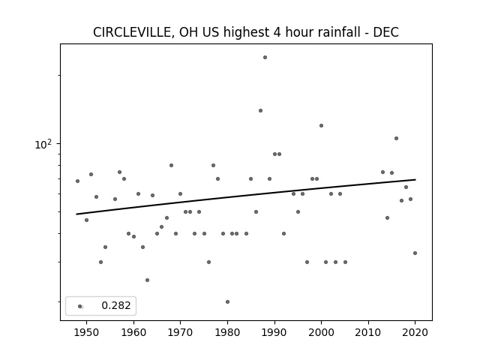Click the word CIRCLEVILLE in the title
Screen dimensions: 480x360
pyautogui.click(x=133, y=32)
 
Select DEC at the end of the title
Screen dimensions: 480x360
pyautogui.click(x=385, y=32)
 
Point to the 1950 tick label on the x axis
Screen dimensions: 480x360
pyautogui.click(x=87, y=332)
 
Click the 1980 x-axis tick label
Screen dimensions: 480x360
pyautogui.click(x=227, y=332)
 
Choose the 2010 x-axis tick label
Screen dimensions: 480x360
pyautogui.click(x=368, y=332)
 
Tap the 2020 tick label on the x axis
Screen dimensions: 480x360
pyautogui.click(x=415, y=332)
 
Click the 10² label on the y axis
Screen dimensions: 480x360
pyautogui.click(x=43, y=144)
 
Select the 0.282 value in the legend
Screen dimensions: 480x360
pyautogui.click(x=116, y=305)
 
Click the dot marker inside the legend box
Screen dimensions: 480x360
pyautogui.click(x=80, y=306)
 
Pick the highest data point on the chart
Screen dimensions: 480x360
pyautogui.click(x=265, y=57)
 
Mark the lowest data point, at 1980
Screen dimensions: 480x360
pyautogui.click(x=227, y=301)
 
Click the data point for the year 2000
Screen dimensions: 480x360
pyautogui.click(x=322, y=125)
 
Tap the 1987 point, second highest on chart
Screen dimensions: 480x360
pyautogui.click(x=260, y=110)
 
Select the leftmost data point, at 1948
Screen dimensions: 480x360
pyautogui.click(x=77, y=181)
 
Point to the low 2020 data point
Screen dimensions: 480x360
pyautogui.click(x=415, y=253)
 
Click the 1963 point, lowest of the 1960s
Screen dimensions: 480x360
pyautogui.click(x=147, y=280)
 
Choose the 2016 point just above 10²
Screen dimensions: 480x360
pyautogui.click(x=397, y=138)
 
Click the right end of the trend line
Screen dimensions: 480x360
pyautogui.click(x=415, y=180)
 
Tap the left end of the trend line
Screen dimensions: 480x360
pyautogui.click(x=76, y=214)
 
